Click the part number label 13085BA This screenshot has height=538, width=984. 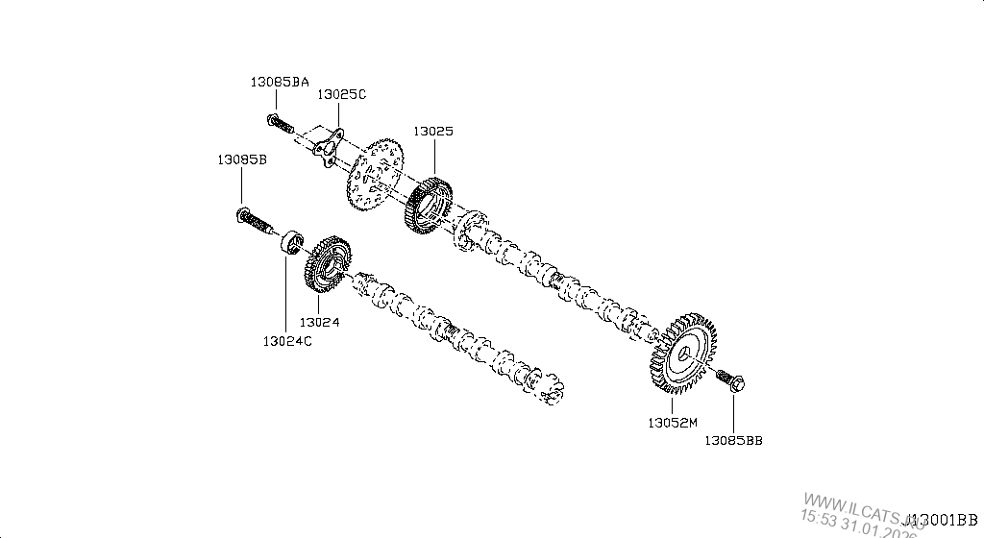(280, 83)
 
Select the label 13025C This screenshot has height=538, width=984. (342, 94)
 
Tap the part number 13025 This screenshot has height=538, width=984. (433, 131)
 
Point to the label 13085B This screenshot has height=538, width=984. (241, 159)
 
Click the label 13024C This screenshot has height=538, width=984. (286, 340)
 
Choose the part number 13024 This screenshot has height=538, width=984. (319, 323)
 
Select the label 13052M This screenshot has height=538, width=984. (671, 422)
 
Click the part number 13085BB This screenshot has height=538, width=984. (733, 440)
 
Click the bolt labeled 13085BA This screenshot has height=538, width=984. (277, 122)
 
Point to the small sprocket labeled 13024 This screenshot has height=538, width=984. (327, 262)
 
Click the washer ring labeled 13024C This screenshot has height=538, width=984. (291, 240)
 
